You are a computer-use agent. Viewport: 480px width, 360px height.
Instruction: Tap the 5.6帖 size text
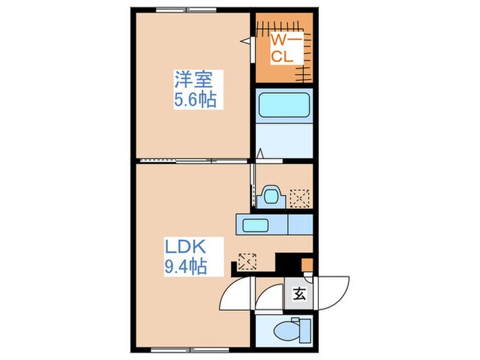(x=194, y=101)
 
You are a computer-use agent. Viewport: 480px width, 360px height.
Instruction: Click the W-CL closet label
(x=283, y=49)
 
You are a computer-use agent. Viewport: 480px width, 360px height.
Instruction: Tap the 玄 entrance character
(x=299, y=296)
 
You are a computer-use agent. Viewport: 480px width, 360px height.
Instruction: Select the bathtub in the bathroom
(x=285, y=108)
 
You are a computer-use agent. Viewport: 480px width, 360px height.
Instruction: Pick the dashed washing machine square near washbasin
(x=299, y=198)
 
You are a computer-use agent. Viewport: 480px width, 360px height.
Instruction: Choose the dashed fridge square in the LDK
(x=247, y=261)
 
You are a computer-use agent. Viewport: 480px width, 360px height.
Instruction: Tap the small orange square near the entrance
(x=307, y=264)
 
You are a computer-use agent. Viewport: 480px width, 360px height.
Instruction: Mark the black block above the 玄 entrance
(x=288, y=263)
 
